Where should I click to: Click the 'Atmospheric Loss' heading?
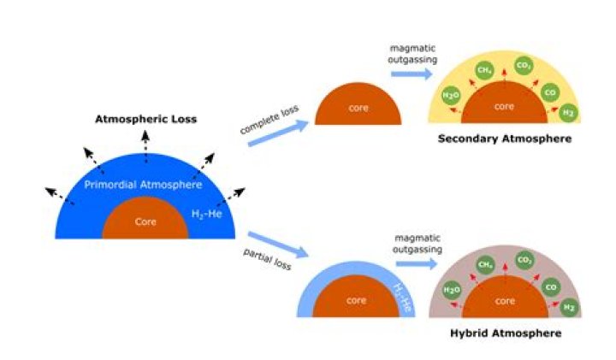click(x=145, y=119)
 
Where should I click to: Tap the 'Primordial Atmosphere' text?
click(x=143, y=184)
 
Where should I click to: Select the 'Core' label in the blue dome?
click(x=145, y=221)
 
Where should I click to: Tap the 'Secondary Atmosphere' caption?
click(x=504, y=139)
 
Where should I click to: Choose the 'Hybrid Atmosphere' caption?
click(x=506, y=333)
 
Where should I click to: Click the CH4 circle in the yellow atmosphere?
click(x=483, y=70)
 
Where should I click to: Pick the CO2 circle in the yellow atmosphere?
click(x=524, y=65)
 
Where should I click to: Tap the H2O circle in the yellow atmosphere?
click(x=451, y=96)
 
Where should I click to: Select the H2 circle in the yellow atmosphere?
click(x=567, y=112)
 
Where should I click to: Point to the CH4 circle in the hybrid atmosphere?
click(x=484, y=265)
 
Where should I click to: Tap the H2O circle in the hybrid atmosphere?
click(x=452, y=291)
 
